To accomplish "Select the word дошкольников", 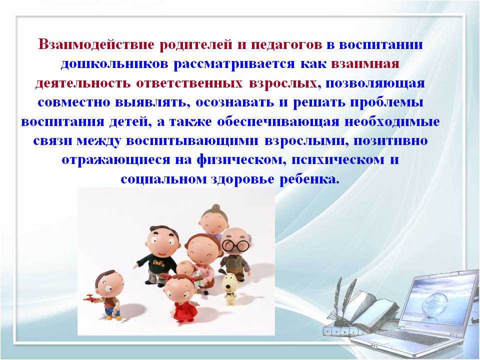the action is click(x=114, y=64).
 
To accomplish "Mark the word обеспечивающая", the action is click(x=278, y=121).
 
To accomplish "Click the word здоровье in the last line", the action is click(x=242, y=179).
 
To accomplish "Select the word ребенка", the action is click(x=310, y=179).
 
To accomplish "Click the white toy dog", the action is click(x=229, y=288).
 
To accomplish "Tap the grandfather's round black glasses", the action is click(x=235, y=245).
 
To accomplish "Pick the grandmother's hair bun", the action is click(x=216, y=207).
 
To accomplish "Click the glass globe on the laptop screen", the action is click(x=433, y=301).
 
